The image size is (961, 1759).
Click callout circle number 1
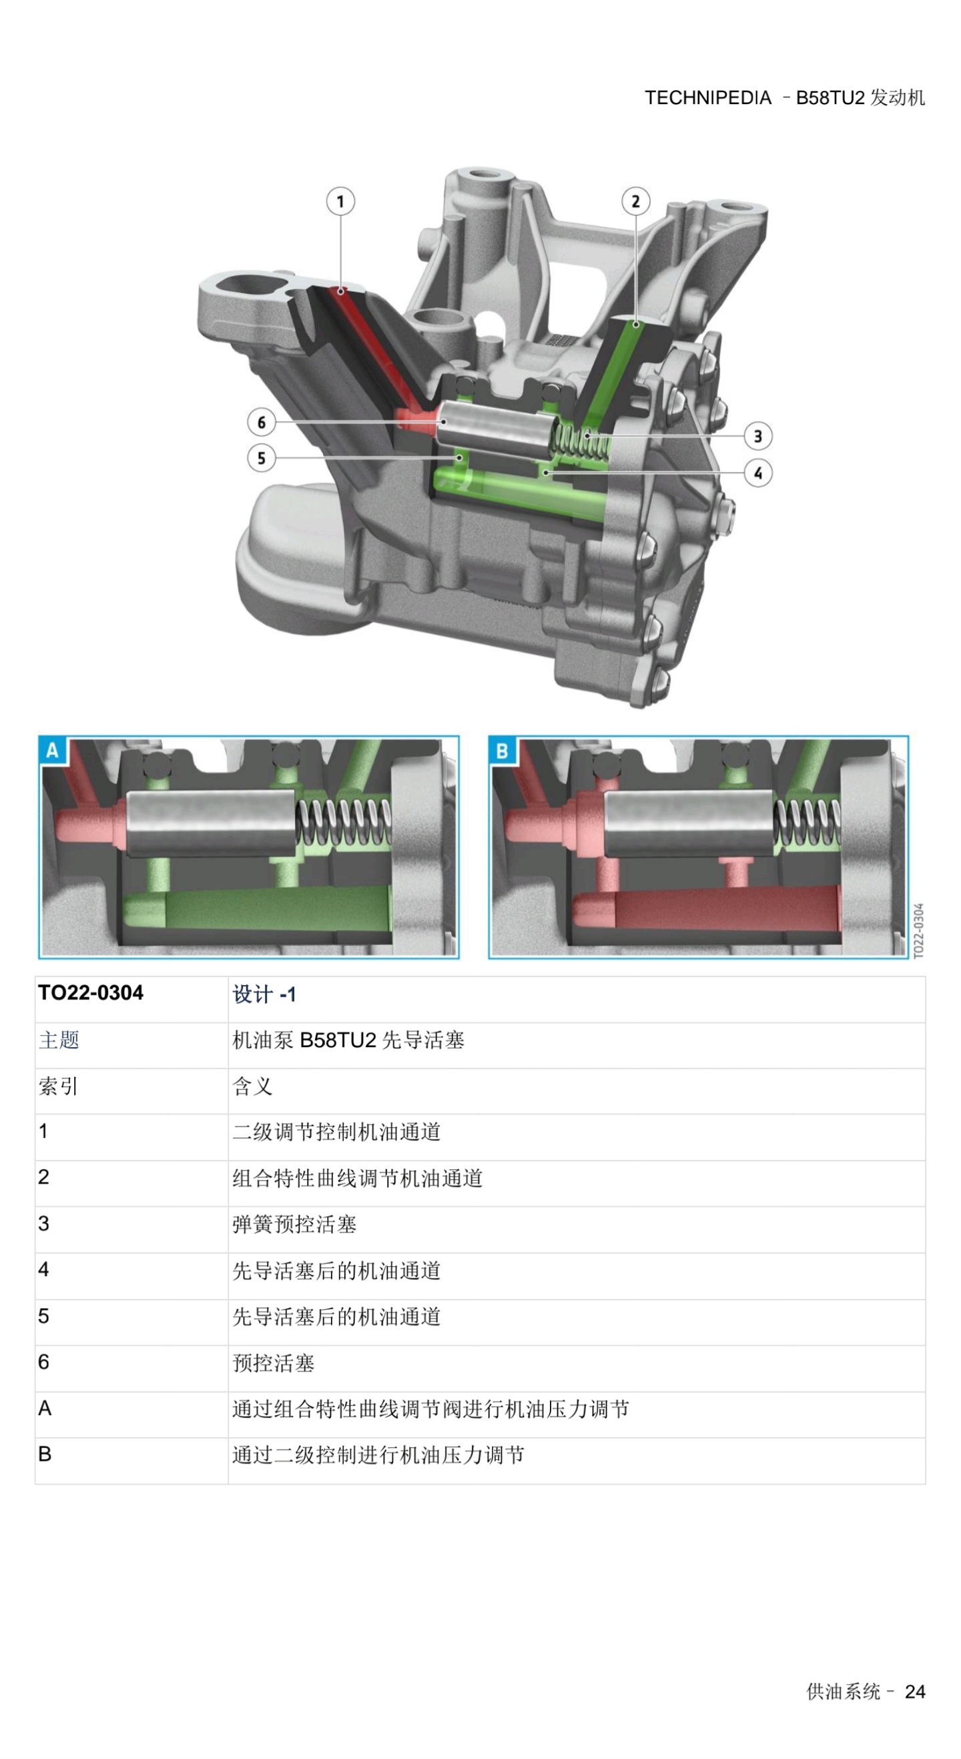coord(340,202)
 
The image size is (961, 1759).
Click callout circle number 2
coord(635,202)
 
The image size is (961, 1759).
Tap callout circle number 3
coord(757,435)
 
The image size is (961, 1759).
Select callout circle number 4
coord(757,473)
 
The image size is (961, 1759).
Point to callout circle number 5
coord(262,457)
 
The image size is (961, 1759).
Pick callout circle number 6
coord(262,422)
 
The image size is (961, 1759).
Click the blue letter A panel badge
coord(52,751)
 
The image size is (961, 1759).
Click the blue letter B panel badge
coord(503,751)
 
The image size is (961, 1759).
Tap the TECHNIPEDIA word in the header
coord(708,98)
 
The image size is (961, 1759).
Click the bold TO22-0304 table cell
coord(91,993)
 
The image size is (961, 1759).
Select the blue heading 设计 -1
coord(264,994)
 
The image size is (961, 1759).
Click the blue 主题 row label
coord(59,1040)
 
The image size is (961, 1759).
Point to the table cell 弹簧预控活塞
coord(294,1224)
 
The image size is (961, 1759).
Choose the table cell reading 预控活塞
coord(273,1363)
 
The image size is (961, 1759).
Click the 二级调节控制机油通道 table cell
coord(336,1132)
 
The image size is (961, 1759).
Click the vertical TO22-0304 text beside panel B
coord(919,931)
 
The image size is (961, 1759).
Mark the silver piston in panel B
coord(688,823)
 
